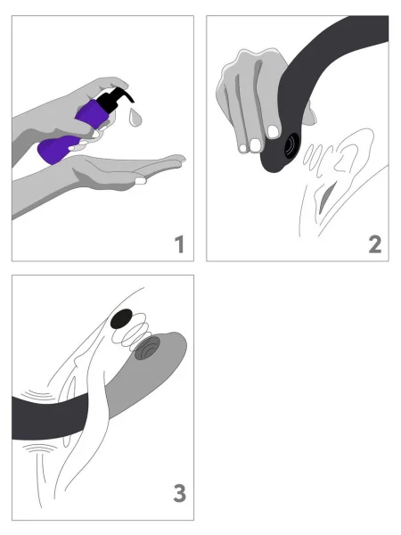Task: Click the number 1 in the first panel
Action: [x=178, y=242]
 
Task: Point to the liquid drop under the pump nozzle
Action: [x=135, y=116]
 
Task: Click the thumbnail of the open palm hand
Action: [x=140, y=181]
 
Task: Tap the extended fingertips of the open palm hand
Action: [x=176, y=160]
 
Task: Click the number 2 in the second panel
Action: [x=373, y=242]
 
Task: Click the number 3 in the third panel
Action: [x=178, y=491]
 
